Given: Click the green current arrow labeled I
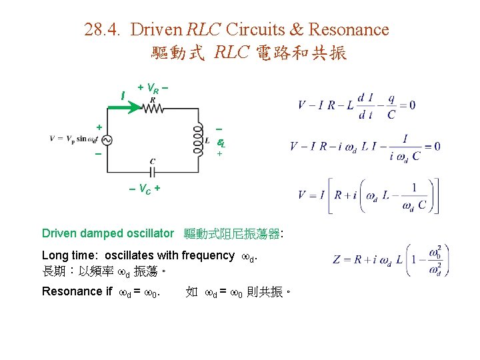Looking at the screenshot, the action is point(132,106).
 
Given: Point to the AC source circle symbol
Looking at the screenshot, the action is point(106,139).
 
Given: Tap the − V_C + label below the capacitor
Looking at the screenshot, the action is point(145,189).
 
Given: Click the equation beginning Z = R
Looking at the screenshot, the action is point(387,259).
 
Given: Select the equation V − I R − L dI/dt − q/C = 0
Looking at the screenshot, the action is point(357,105).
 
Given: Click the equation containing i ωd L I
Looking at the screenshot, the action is point(365,147).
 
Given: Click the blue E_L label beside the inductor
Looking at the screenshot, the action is point(221,142).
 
